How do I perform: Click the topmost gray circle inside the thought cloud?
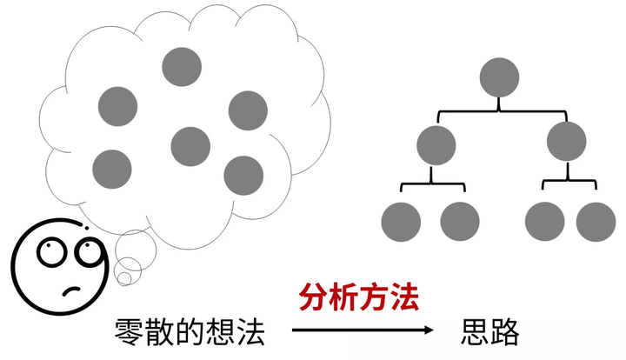(182, 66)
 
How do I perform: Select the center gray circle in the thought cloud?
(190, 145)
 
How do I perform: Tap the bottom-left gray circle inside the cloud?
(111, 169)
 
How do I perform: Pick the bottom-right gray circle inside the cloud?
(243, 176)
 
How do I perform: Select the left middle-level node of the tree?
(436, 144)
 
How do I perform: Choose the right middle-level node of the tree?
(567, 142)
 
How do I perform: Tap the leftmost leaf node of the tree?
(401, 221)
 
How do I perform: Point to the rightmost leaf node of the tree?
(596, 221)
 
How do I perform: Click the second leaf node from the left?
(460, 221)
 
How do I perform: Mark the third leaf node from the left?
(544, 221)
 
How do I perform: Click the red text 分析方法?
(359, 298)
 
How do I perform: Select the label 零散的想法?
(189, 331)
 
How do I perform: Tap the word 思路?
(490, 331)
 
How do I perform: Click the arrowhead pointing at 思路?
(427, 330)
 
